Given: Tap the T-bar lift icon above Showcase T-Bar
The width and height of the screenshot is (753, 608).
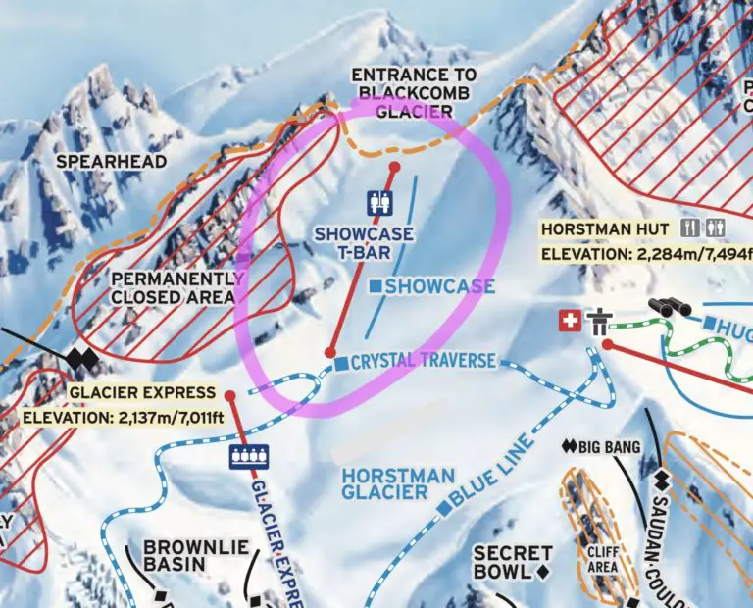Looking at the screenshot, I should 378,203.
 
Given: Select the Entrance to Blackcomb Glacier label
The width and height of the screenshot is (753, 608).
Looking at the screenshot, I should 414,93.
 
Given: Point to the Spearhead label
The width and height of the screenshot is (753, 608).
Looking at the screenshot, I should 111,161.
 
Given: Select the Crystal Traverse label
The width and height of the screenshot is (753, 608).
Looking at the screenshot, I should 423,361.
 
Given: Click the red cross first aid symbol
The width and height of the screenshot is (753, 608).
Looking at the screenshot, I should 568,321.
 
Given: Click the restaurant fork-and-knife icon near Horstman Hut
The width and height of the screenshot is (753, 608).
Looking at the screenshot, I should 691,228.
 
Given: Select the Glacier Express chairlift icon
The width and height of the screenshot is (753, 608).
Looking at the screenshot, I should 248,457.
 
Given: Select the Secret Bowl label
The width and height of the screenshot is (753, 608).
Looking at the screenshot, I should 514,562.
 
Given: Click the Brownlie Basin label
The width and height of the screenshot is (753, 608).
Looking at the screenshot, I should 176,555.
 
